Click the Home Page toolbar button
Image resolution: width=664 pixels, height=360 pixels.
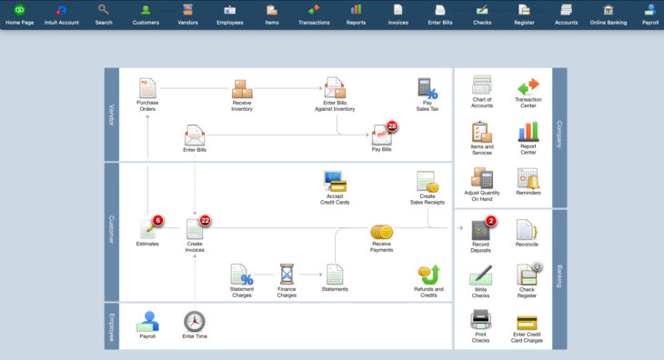coord(18,15)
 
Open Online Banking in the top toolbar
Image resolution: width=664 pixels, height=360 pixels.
coord(608,15)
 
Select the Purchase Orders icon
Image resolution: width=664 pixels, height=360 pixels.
coord(147,88)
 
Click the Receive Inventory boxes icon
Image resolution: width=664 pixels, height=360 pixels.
coord(242,89)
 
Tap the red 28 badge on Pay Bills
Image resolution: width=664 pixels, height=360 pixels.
coord(392,126)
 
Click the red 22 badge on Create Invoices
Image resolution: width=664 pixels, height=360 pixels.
coord(205,220)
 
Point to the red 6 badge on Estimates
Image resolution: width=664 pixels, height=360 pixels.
coord(157,220)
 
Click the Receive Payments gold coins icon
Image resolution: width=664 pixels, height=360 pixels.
coord(381,233)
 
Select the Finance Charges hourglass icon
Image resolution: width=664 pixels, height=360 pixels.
coord(287,273)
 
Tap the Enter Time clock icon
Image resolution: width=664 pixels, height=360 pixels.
coord(195,321)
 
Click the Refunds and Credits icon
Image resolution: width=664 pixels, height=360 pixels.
coord(428,274)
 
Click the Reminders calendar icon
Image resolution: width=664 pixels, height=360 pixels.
coord(528,178)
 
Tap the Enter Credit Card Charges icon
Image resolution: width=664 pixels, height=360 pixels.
coord(528,322)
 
